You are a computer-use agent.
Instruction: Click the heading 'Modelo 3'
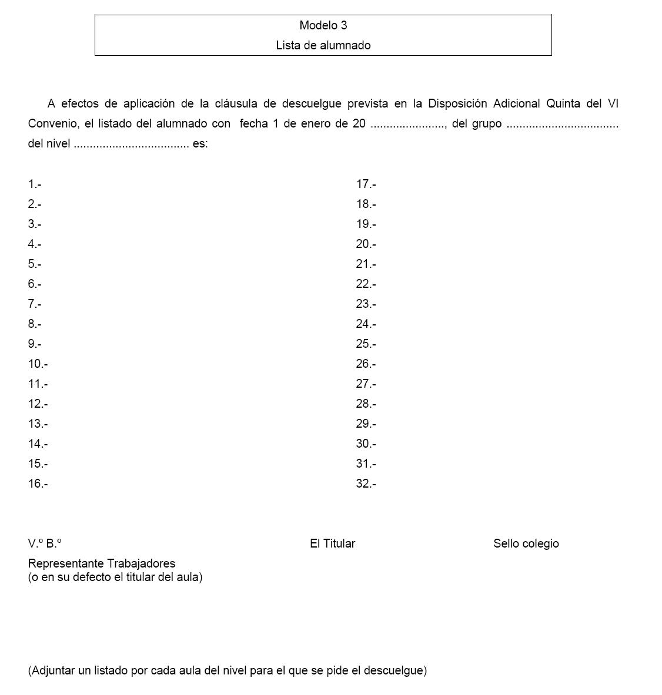[323, 25]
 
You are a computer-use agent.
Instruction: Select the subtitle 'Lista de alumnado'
[323, 45]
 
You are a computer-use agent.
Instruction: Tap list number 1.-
[35, 184]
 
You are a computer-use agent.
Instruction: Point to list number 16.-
[38, 484]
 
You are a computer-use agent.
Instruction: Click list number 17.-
[366, 184]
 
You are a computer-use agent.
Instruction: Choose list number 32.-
[366, 484]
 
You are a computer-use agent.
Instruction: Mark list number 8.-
[35, 324]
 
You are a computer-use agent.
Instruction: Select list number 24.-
[366, 324]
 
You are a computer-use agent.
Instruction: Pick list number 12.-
[38, 404]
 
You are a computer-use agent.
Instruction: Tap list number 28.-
[366, 404]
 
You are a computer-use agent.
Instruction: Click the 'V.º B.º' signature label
[45, 544]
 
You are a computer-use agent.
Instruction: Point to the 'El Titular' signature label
[332, 544]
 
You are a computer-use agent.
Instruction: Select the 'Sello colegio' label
[526, 544]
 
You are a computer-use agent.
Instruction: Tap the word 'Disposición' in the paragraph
[458, 104]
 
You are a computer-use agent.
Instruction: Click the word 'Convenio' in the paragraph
[52, 124]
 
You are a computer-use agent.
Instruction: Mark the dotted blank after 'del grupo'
[562, 124]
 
